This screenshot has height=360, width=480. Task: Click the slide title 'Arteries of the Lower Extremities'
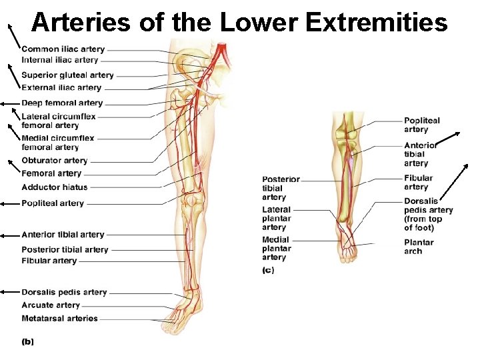click(239, 23)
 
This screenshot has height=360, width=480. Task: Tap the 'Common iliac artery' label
click(63, 49)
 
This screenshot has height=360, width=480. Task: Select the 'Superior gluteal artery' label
click(67, 75)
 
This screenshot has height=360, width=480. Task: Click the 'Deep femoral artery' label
click(62, 103)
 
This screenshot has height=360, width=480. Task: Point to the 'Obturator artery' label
click(55, 161)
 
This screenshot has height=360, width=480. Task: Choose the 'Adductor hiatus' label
click(55, 187)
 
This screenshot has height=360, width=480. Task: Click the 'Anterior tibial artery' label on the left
click(63, 235)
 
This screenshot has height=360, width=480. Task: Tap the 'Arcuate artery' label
click(51, 305)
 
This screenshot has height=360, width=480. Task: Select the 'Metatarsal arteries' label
click(59, 319)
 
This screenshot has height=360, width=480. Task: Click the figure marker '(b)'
click(28, 342)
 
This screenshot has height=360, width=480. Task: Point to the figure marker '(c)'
click(268, 271)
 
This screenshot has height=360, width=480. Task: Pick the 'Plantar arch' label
click(419, 247)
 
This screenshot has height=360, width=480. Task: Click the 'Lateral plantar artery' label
click(277, 219)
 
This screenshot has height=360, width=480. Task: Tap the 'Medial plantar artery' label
click(275, 248)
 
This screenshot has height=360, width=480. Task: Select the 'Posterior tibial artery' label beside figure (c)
click(281, 189)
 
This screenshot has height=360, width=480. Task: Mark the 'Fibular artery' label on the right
click(418, 183)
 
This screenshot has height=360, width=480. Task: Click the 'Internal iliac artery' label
click(59, 60)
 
